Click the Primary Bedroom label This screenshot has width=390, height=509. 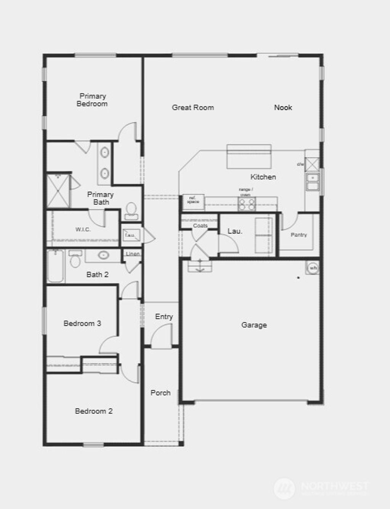(92, 100)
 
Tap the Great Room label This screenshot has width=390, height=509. (193, 108)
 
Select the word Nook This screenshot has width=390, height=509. (283, 108)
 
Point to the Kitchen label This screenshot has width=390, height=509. (263, 177)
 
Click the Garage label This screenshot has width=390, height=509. (254, 325)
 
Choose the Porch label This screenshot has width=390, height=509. (160, 393)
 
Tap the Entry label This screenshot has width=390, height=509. (164, 317)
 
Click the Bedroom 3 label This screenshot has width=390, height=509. (82, 324)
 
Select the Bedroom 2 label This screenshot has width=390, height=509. (94, 411)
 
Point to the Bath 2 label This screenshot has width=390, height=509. (97, 274)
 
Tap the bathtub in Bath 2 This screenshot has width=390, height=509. (56, 266)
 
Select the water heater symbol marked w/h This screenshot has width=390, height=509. (313, 268)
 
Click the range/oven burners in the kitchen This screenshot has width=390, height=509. (247, 204)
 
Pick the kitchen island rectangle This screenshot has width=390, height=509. (249, 156)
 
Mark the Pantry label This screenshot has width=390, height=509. (299, 235)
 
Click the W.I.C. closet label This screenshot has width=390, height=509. (83, 230)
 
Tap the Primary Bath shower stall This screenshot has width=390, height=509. (58, 190)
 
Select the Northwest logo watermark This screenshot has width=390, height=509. (321, 488)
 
